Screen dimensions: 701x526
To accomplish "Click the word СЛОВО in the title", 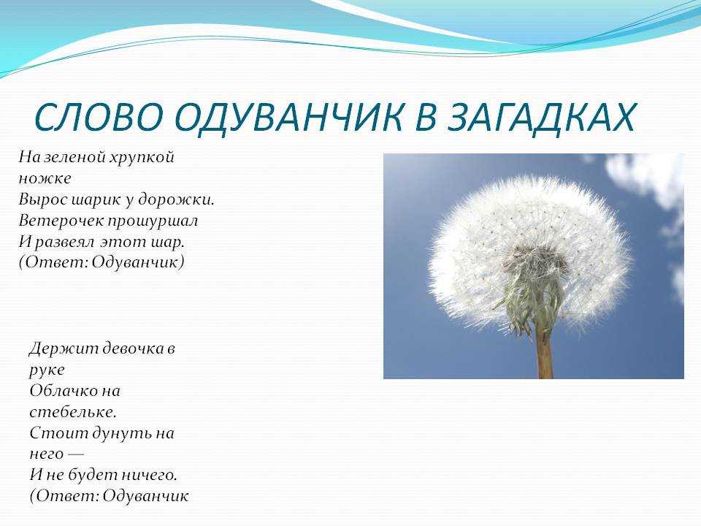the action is tap(99, 117).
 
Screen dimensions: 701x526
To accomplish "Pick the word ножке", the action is tap(45, 178).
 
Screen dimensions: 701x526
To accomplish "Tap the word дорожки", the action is tap(176, 199).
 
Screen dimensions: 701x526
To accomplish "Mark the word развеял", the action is tap(64, 242).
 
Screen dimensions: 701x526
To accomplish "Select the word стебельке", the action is tap(73, 411).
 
